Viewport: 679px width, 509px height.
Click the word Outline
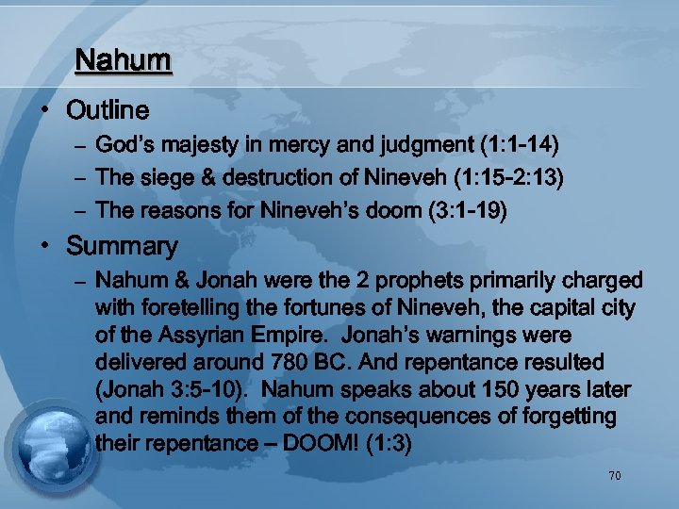coord(108,111)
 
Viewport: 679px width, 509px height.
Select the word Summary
coord(122,247)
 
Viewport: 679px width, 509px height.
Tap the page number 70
coord(614,476)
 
